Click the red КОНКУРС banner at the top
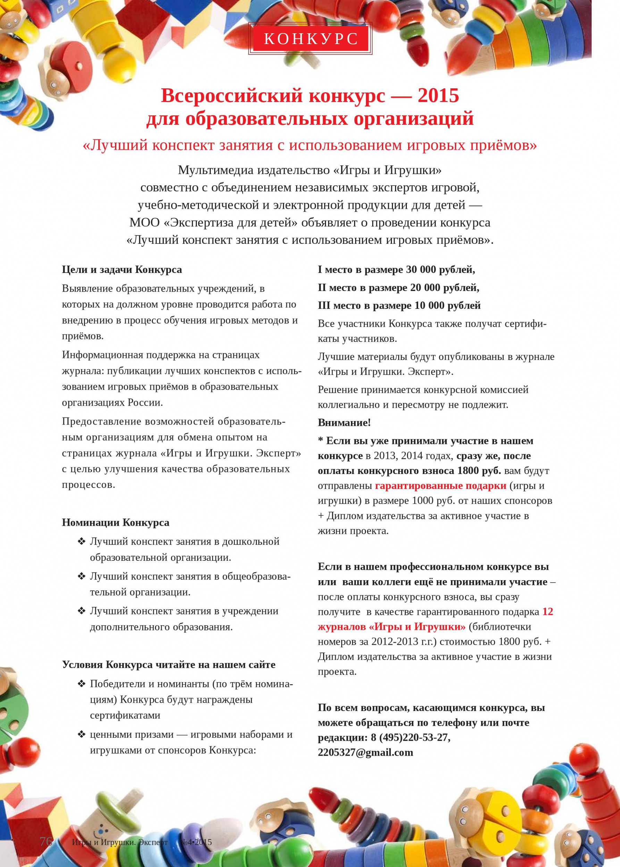click(x=310, y=38)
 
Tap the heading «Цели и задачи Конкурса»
click(x=122, y=270)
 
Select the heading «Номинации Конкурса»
click(x=115, y=523)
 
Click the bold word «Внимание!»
click(x=344, y=423)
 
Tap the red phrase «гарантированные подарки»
click(x=441, y=486)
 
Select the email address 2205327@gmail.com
click(x=365, y=753)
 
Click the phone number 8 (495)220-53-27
click(x=410, y=738)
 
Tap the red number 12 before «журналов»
click(x=547, y=611)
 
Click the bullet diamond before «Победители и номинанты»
click(x=81, y=684)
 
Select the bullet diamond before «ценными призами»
click(x=81, y=735)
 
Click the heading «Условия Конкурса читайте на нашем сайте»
click(x=168, y=665)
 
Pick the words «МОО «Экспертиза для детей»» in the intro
click(x=213, y=222)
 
